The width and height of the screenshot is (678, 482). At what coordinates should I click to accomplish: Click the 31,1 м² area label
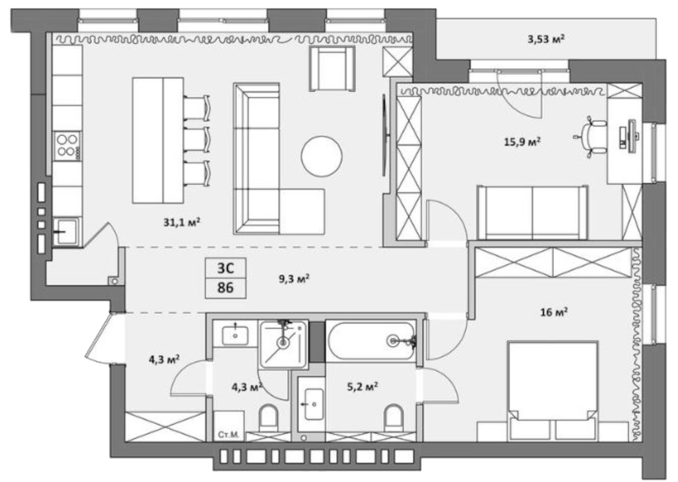(x=182, y=223)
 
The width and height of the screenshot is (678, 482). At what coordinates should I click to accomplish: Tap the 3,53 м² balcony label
(x=546, y=39)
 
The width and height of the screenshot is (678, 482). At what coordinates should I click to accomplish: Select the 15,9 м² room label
(x=522, y=142)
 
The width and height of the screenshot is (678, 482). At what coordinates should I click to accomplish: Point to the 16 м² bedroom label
(x=554, y=312)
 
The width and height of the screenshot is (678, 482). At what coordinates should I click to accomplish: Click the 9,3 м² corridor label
(x=294, y=279)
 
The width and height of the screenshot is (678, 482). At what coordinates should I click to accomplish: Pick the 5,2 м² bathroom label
(x=362, y=387)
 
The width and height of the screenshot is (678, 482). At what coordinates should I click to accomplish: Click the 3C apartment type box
(x=226, y=268)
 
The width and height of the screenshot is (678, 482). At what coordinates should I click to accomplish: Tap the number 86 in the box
(x=226, y=288)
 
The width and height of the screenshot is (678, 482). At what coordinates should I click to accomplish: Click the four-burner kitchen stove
(x=67, y=146)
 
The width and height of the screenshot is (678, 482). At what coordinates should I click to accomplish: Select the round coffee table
(x=321, y=156)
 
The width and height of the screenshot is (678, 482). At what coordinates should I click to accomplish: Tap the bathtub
(x=371, y=341)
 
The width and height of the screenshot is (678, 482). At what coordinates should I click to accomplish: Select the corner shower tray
(x=283, y=344)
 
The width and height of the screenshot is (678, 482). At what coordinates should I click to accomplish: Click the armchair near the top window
(x=332, y=69)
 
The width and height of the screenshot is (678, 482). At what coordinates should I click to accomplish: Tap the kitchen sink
(x=67, y=231)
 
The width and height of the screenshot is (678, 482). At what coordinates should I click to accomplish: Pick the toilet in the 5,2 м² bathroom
(x=394, y=418)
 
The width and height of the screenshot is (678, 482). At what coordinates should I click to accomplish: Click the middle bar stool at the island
(x=196, y=140)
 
